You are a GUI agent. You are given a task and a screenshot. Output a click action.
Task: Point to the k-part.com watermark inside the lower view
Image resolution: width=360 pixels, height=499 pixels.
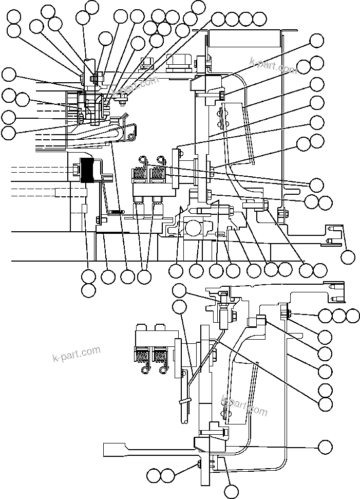244,404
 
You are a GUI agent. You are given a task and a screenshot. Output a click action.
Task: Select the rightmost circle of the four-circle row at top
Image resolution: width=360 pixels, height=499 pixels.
260,20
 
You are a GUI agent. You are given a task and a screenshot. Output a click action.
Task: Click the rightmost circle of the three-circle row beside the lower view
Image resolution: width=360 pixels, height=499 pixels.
353,315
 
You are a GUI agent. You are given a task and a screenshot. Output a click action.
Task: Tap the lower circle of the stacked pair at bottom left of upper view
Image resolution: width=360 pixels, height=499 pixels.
88,290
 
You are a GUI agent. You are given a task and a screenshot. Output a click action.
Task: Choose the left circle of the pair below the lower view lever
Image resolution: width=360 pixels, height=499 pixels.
153,475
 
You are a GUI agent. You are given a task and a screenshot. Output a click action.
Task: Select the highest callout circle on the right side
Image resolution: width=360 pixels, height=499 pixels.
317,41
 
